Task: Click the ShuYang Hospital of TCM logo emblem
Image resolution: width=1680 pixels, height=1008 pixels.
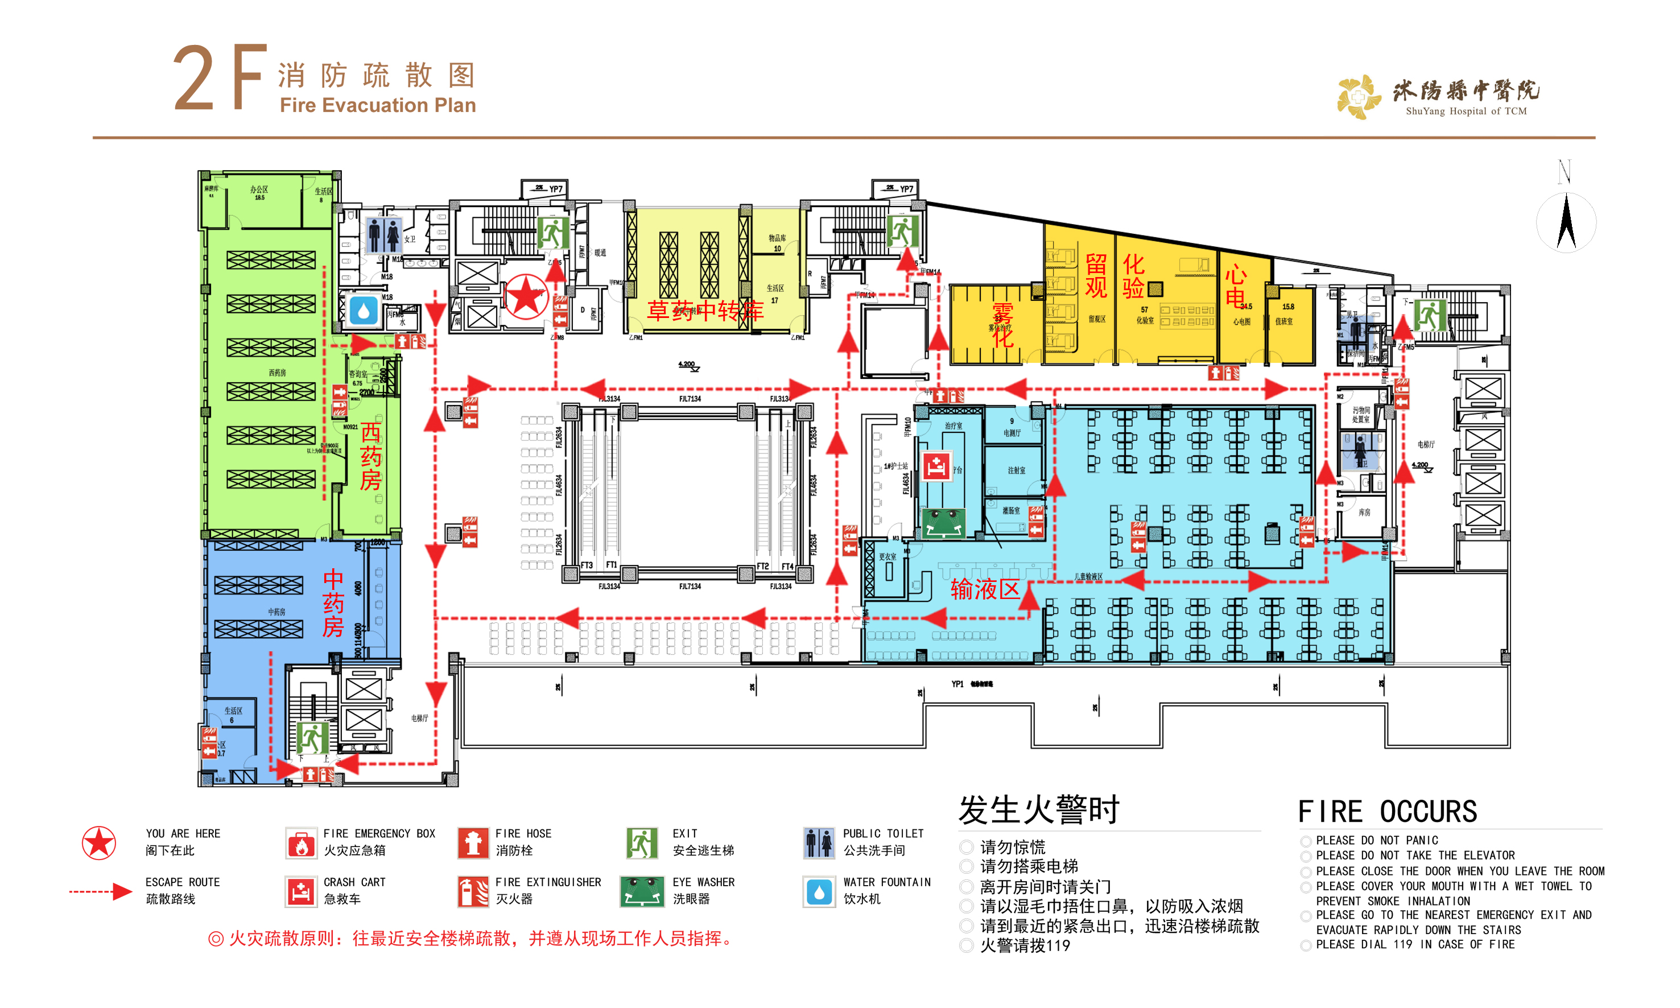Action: pyautogui.click(x=1358, y=97)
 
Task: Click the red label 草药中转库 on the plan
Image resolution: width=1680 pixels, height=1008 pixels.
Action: pyautogui.click(x=704, y=311)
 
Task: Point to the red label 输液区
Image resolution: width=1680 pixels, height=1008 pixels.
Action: pyautogui.click(x=984, y=589)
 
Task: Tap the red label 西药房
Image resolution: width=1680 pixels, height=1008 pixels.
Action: pyautogui.click(x=370, y=456)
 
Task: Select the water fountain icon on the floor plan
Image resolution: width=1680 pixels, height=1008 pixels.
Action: pyautogui.click(x=364, y=311)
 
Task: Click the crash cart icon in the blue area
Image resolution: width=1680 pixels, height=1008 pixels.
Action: pyautogui.click(x=936, y=466)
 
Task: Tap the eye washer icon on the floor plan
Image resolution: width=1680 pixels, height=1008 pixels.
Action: pyautogui.click(x=944, y=522)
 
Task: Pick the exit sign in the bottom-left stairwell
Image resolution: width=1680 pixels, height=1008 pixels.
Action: pyautogui.click(x=312, y=738)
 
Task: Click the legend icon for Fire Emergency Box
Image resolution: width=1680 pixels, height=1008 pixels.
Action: pyautogui.click(x=301, y=843)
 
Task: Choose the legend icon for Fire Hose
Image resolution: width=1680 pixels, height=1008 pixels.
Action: pyautogui.click(x=473, y=843)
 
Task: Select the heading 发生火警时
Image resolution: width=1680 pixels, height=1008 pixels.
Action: pyautogui.click(x=1038, y=809)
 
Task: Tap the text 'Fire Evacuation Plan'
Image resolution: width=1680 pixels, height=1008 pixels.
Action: pyautogui.click(x=378, y=105)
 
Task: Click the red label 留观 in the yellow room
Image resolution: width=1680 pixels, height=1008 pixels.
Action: pyautogui.click(x=1095, y=275)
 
